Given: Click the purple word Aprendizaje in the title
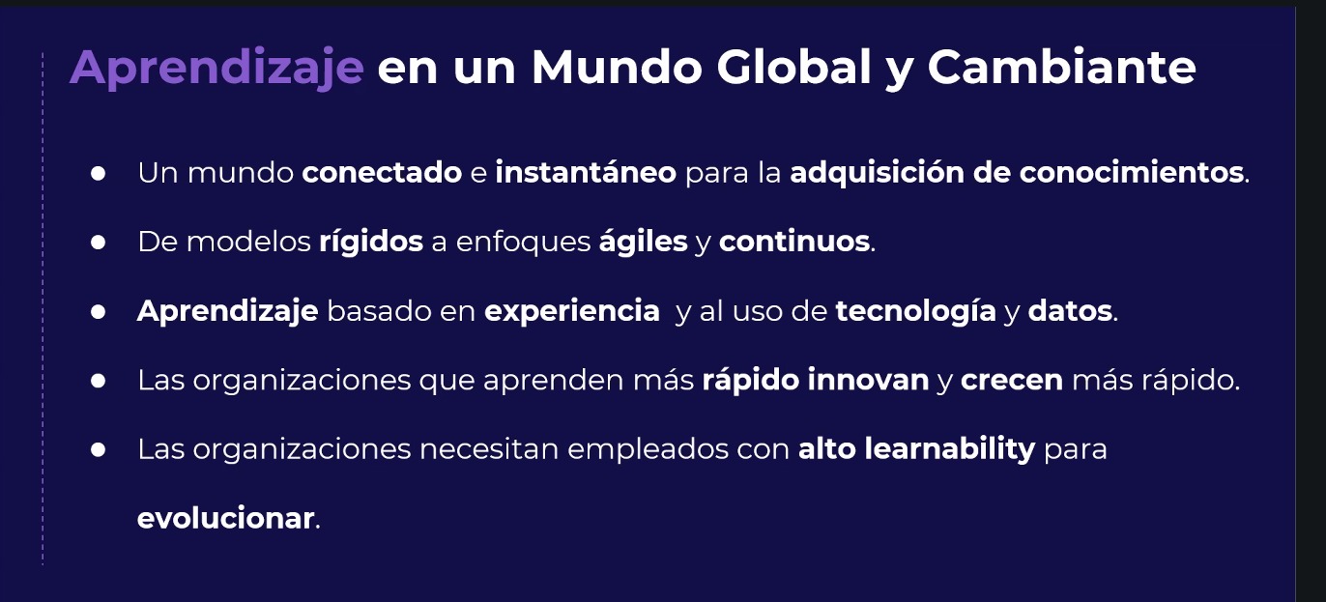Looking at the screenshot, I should (216, 68).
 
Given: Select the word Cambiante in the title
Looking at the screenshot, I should (1061, 68).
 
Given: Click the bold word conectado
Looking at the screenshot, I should (382, 173).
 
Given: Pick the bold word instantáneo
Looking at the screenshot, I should (586, 173).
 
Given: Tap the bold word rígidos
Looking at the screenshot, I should (371, 242).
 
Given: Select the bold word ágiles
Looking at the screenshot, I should (643, 243).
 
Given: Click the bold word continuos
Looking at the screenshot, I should (794, 242).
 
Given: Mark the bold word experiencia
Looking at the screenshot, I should (571, 311).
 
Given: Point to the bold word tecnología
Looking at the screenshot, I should (915, 312).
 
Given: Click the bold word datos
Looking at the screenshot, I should (1071, 311).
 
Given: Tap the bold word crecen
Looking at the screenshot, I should (1012, 381).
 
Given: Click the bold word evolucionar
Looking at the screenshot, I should (226, 518).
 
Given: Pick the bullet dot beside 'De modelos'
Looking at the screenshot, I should (98, 242).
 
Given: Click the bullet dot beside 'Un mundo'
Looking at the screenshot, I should (98, 173).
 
